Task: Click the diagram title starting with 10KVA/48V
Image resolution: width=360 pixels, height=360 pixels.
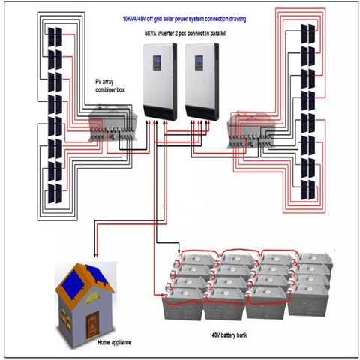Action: pyautogui.click(x=184, y=19)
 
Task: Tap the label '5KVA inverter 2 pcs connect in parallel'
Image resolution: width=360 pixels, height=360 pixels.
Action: pyautogui.click(x=185, y=34)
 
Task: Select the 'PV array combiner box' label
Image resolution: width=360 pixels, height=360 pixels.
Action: pyautogui.click(x=109, y=85)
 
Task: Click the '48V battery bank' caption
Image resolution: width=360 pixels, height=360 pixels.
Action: pyautogui.click(x=229, y=335)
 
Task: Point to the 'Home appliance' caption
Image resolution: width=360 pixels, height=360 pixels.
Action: pyautogui.click(x=114, y=342)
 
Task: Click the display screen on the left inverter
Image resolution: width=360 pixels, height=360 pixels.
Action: pyautogui.click(x=157, y=62)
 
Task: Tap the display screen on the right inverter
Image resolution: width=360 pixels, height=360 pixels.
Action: pyautogui.click(x=199, y=62)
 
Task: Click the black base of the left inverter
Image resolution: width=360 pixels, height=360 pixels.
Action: pyautogui.click(x=160, y=112)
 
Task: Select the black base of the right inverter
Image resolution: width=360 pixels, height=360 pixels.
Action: pyautogui.click(x=202, y=112)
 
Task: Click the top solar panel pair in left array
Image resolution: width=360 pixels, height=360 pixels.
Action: pyautogui.click(x=55, y=37)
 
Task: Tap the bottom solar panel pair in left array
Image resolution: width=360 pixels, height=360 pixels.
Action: pyautogui.click(x=55, y=193)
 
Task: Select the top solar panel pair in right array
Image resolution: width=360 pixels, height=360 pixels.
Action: pyautogui.click(x=308, y=34)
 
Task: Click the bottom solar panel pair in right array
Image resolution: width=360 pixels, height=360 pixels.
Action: pyautogui.click(x=308, y=190)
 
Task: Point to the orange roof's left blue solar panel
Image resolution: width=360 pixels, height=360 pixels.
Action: pyautogui.click(x=71, y=284)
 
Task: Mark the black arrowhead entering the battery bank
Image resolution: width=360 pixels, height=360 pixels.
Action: pyautogui.click(x=179, y=250)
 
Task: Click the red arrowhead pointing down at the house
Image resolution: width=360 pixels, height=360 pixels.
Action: pyautogui.click(x=97, y=255)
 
